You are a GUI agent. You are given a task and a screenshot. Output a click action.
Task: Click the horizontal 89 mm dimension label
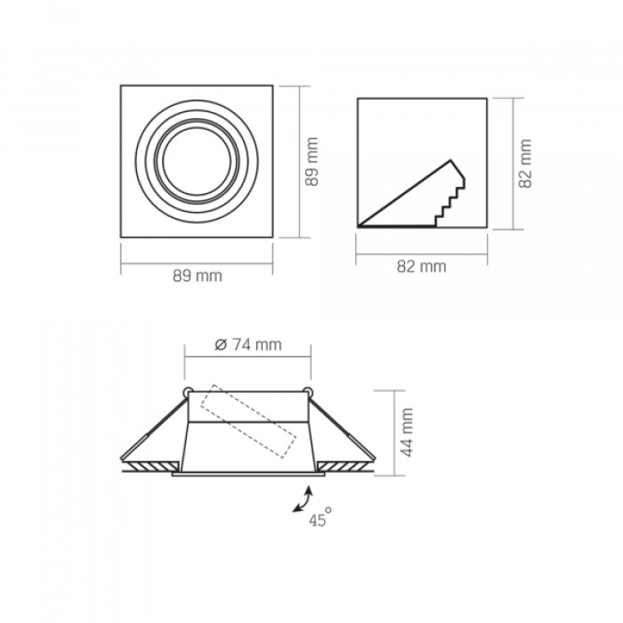pos(198,276)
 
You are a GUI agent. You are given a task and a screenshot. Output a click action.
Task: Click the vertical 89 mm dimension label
pos(312,162)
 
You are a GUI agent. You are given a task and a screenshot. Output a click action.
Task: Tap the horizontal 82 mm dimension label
pos(422,266)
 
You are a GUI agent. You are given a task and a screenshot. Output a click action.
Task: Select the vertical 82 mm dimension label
pos(525,163)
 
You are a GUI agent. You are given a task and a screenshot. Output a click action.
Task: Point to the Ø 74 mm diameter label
pos(248,344)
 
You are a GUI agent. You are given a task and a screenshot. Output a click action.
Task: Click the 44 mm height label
pos(407,433)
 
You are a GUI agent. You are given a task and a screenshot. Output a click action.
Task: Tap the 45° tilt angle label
pos(320,517)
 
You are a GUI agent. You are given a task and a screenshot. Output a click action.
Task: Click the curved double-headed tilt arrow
pos(303,499)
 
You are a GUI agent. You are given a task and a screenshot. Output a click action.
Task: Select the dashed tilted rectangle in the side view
pos(248,421)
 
